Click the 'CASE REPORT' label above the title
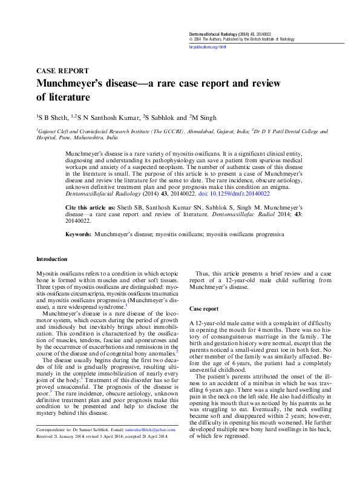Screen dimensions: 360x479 pos(63,71)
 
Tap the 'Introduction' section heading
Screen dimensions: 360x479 pos(52,259)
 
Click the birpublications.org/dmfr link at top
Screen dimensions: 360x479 pos(207,45)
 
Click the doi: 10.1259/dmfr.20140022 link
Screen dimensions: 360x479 pos(239,193)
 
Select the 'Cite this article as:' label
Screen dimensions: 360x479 pos(90,207)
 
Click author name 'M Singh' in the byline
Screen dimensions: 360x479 pos(206,117)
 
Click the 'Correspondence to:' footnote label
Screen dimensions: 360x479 pos(55,446)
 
